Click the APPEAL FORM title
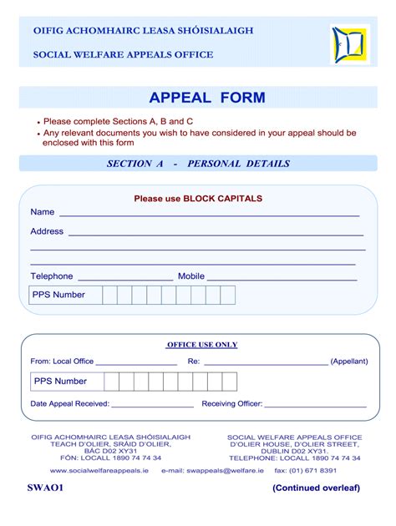point(207,98)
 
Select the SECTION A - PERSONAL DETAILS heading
point(198,164)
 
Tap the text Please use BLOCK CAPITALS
point(198,199)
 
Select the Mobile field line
point(282,278)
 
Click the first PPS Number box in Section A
point(109,295)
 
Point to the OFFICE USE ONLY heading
point(202,344)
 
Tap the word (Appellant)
point(349,362)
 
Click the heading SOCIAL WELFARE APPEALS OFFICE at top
point(123,55)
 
